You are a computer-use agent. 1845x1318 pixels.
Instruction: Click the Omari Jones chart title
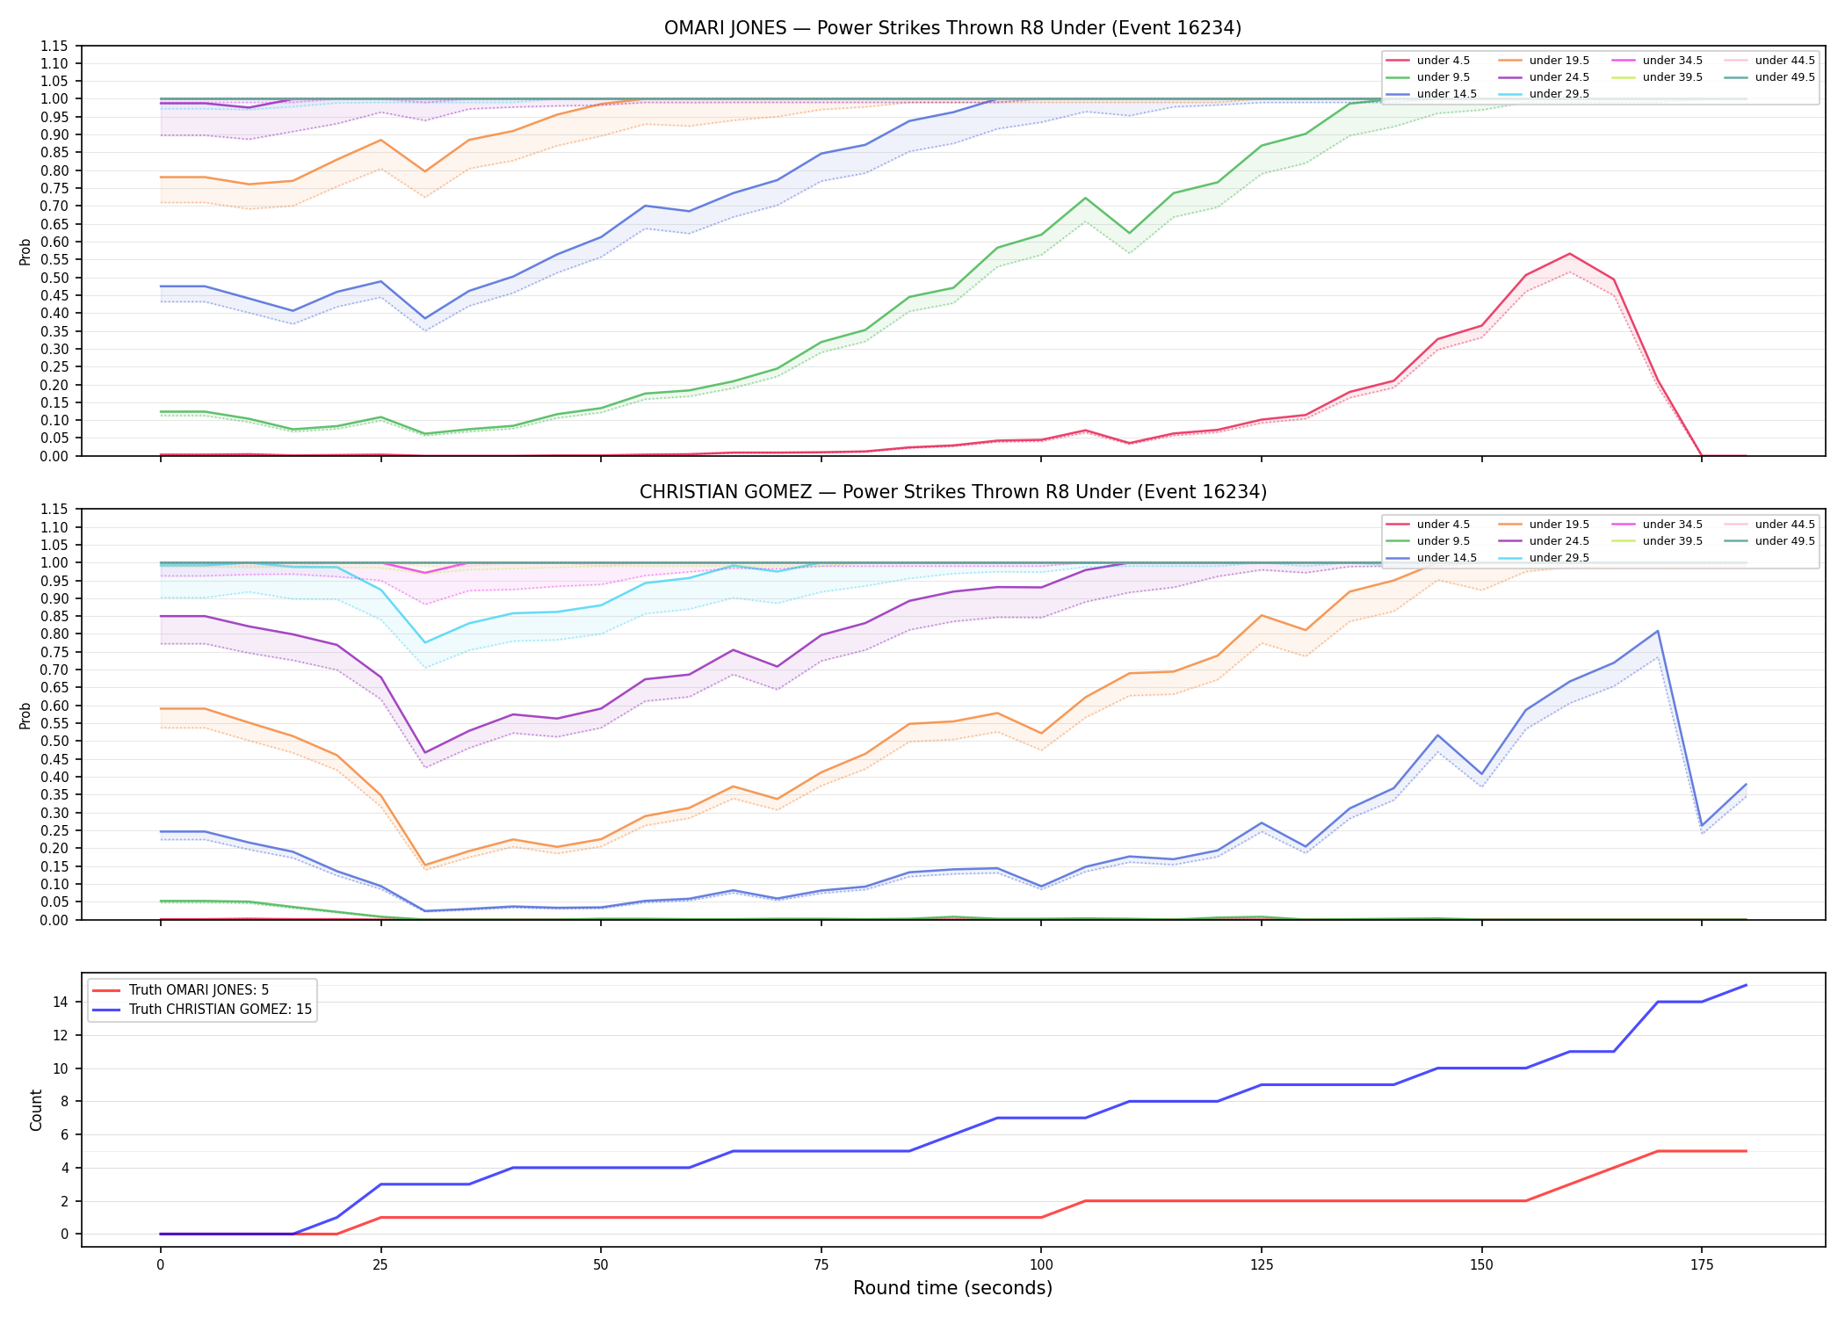tap(952, 28)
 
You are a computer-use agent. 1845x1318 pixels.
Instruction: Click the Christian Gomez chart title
tap(952, 492)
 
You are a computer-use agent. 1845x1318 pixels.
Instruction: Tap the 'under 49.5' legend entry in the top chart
tap(1771, 77)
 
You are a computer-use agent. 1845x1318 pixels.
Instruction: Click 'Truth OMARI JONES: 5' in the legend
tap(180, 990)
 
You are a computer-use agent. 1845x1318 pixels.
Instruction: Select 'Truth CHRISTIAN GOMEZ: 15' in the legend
tap(201, 1010)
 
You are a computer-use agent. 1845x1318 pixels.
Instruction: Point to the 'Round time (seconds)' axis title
tap(952, 1288)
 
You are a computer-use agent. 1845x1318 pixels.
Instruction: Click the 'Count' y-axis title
tap(36, 1110)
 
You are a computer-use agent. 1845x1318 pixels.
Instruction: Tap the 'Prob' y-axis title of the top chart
tap(25, 251)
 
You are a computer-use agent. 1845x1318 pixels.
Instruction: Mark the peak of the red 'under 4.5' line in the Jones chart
tap(1569, 254)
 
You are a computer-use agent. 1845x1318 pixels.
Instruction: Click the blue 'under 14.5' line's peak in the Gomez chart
tap(1657, 631)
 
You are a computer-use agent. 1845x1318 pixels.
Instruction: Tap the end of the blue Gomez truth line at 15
tap(1746, 985)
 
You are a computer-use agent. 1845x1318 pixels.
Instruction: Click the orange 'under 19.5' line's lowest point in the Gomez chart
tap(425, 865)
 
